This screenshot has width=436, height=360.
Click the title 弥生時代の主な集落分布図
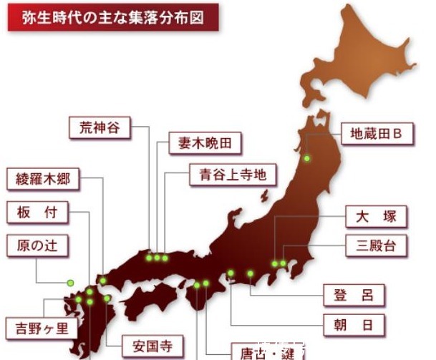113,18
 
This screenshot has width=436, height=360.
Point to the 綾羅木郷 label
43,179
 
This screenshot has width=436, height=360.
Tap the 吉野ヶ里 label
42,329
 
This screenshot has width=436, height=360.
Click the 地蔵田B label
377,132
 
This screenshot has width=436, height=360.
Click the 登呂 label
354,294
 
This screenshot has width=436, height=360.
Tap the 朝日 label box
354,324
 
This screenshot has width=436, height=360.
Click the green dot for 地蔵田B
306,159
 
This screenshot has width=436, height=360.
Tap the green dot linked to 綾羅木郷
103,280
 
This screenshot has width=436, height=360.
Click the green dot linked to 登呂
251,273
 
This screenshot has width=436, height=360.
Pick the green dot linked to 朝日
231,273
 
